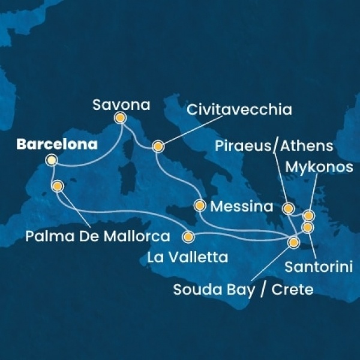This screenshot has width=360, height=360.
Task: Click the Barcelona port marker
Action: pyautogui.click(x=52, y=160)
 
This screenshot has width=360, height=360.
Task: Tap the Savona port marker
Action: pyautogui.click(x=120, y=118)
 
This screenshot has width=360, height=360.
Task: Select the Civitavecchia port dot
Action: pyautogui.click(x=158, y=146)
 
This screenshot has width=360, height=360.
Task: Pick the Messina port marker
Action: pyautogui.click(x=200, y=205)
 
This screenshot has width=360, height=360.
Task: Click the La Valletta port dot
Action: pyautogui.click(x=189, y=236)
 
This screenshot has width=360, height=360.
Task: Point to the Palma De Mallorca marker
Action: pyautogui.click(x=58, y=186)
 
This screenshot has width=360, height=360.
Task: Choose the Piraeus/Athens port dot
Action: pyautogui.click(x=288, y=209)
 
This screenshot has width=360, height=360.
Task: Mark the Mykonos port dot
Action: pyautogui.click(x=308, y=215)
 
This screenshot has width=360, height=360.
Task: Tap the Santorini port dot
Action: pyautogui.click(x=307, y=227)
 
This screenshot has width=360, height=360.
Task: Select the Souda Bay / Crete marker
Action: pyautogui.click(x=294, y=242)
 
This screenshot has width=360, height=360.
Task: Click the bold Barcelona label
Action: pyautogui.click(x=57, y=145)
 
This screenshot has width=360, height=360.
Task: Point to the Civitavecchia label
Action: pyautogui.click(x=239, y=110)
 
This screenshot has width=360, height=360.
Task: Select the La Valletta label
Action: pyautogui.click(x=187, y=258)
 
